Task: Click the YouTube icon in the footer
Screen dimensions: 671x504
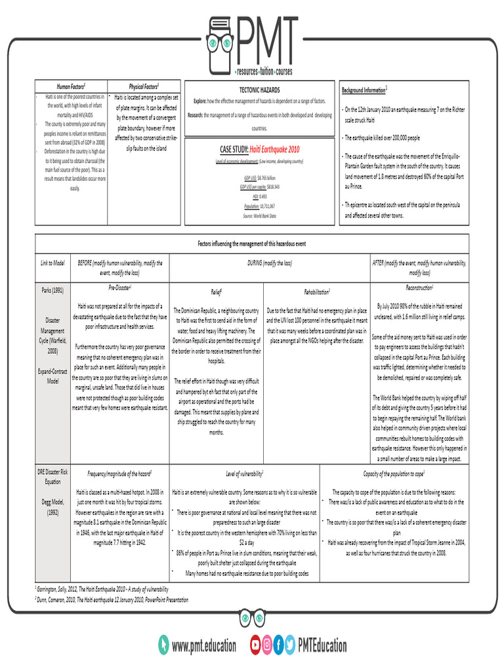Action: pyautogui.click(x=255, y=645)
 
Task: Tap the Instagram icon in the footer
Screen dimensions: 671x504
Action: pyautogui.click(x=267, y=645)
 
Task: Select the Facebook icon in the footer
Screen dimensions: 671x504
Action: pyautogui.click(x=279, y=645)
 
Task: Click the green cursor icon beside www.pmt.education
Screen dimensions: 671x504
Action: pyautogui.click(x=163, y=645)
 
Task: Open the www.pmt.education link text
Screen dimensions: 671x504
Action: pyautogui.click(x=203, y=646)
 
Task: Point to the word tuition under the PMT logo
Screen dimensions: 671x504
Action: pyautogui.click(x=266, y=71)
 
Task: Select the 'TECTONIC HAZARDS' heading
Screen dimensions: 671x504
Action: pyautogui.click(x=259, y=89)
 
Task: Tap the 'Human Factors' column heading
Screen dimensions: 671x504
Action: pyautogui.click(x=70, y=86)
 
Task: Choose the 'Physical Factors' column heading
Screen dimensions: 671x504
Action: pyautogui.click(x=144, y=86)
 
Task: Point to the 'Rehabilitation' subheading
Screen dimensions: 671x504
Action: pyautogui.click(x=316, y=290)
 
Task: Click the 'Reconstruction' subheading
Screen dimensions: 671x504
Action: pyautogui.click(x=419, y=288)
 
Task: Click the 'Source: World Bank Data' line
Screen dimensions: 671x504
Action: pyautogui.click(x=259, y=216)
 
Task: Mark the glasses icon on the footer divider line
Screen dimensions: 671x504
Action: pyautogui.click(x=252, y=617)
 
